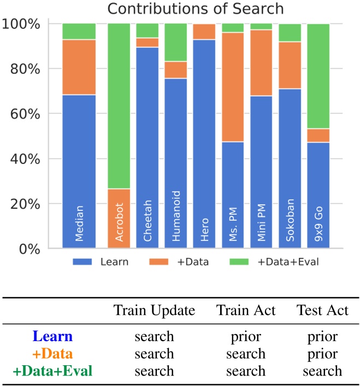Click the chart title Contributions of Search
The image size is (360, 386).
(195, 9)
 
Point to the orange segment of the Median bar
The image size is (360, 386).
(79, 67)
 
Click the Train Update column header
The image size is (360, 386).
(154, 311)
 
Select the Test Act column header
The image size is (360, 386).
(322, 311)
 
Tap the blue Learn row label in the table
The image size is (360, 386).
(51, 337)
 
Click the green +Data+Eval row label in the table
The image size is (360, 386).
(51, 371)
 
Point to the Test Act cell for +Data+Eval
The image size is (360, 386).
(322, 371)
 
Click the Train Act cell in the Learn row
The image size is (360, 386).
(245, 337)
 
